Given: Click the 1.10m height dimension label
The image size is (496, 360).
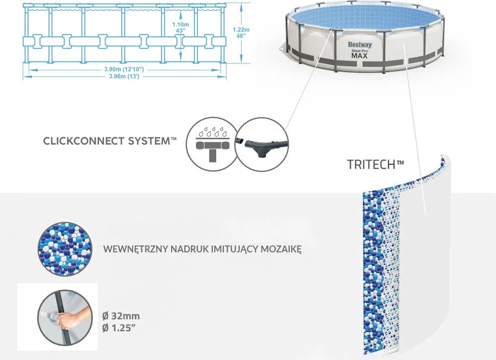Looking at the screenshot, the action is (x=181, y=27).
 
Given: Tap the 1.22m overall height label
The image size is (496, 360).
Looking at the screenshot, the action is (x=241, y=33).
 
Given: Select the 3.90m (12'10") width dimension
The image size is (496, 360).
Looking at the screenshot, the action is (x=124, y=69).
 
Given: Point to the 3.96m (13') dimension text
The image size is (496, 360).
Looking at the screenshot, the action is (x=124, y=76).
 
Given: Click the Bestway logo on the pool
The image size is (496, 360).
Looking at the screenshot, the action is (x=360, y=45).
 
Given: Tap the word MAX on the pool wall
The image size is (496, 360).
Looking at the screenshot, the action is (x=359, y=56).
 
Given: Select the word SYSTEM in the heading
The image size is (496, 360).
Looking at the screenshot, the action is (x=149, y=141).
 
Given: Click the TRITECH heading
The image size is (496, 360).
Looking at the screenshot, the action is (x=375, y=165).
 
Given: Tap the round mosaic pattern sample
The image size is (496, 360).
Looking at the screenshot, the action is (x=65, y=249).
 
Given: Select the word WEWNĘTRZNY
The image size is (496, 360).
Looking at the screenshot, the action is (x=136, y=249).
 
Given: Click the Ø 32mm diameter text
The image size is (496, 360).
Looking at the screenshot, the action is (x=121, y=316).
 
